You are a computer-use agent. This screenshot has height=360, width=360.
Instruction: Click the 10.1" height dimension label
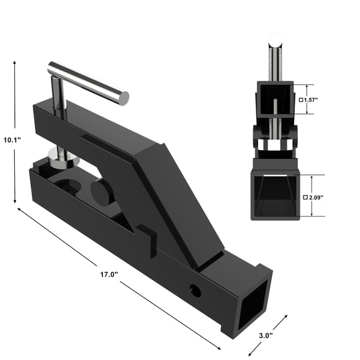click(x=12, y=140)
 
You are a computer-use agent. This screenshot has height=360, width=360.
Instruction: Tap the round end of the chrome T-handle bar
click(x=124, y=97)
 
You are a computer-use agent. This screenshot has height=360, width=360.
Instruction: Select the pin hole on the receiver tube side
click(x=196, y=290)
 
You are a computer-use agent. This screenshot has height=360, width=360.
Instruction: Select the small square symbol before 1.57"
click(x=300, y=99)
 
